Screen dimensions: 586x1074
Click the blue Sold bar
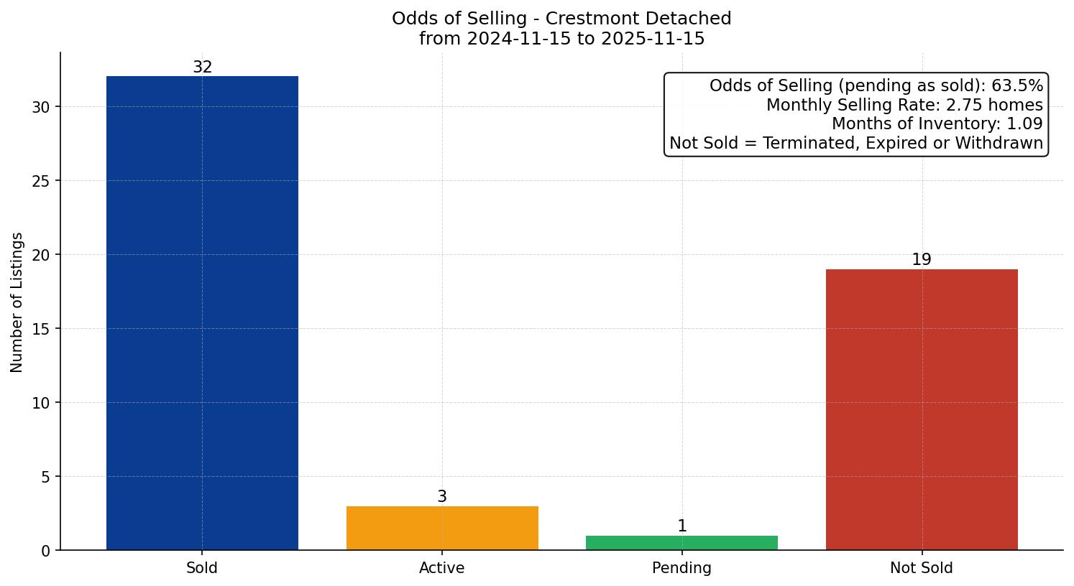(202, 313)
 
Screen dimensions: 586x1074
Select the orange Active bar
(442, 528)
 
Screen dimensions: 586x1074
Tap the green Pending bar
(681, 543)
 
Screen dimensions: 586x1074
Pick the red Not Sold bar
(922, 409)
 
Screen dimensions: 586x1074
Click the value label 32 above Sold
(203, 68)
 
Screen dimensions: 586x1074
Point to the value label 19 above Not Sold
(922, 260)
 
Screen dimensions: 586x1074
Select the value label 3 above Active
(442, 497)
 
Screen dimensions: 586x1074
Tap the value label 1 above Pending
(682, 526)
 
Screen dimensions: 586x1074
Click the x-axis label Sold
(202, 568)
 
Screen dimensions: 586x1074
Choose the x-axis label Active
(442, 568)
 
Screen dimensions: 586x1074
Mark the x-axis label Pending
(681, 568)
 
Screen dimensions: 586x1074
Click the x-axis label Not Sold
(922, 568)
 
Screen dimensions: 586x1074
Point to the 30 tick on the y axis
(42, 107)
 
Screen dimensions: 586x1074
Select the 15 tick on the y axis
(42, 329)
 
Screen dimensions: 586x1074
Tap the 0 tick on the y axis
(46, 551)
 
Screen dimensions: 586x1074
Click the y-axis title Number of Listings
(17, 302)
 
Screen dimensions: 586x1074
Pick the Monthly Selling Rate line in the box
(904, 105)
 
